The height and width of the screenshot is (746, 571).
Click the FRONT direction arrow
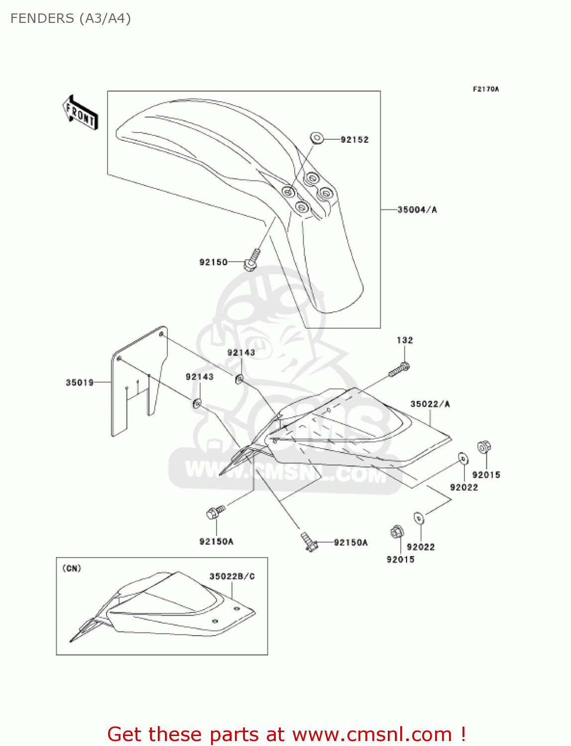(x=80, y=113)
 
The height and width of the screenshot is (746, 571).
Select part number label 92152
(x=354, y=140)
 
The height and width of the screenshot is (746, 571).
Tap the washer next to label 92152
(x=317, y=137)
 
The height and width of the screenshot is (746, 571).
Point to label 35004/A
(x=417, y=210)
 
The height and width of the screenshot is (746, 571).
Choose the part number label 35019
(x=80, y=382)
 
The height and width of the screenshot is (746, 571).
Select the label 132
(x=405, y=340)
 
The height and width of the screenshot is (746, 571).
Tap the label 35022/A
(x=430, y=404)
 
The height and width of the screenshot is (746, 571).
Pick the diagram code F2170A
(x=485, y=90)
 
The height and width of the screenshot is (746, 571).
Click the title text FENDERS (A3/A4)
(x=71, y=18)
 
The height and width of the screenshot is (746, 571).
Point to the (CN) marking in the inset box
(x=72, y=568)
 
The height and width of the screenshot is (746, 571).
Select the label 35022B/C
(x=232, y=576)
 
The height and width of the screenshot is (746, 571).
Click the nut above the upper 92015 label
(x=483, y=447)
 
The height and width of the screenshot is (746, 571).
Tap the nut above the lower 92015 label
(x=396, y=532)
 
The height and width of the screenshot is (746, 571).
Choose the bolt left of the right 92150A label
(x=309, y=542)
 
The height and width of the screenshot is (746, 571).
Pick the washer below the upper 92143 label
(x=239, y=379)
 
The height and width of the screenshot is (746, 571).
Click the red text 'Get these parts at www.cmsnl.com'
(x=286, y=734)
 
